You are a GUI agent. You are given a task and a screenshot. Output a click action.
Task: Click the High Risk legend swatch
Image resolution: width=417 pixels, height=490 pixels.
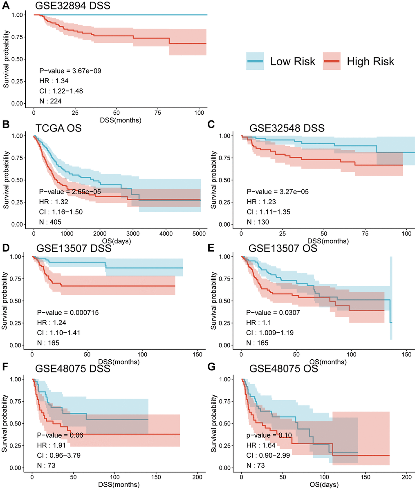pyautogui.click(x=332, y=61)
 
